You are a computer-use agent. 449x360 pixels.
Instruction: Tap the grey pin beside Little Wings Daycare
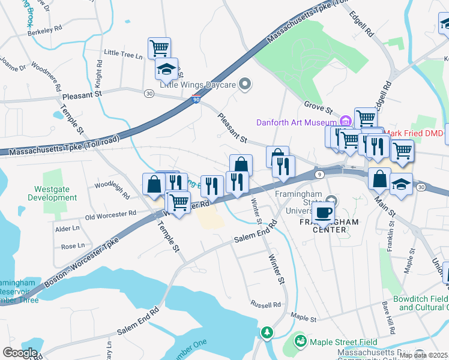[x=244, y=85]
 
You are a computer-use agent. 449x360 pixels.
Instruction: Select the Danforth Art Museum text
[x=295, y=122]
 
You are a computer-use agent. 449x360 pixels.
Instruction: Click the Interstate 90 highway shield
[x=196, y=100]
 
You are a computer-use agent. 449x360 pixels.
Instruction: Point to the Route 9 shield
[x=319, y=174]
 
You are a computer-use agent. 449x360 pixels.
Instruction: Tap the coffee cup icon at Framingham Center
[x=323, y=212]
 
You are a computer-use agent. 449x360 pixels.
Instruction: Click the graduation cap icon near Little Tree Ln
[x=166, y=70]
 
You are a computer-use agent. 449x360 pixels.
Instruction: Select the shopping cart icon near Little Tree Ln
[x=159, y=47]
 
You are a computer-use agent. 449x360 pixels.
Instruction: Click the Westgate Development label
[x=52, y=193]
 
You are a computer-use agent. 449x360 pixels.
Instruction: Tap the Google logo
[x=20, y=353]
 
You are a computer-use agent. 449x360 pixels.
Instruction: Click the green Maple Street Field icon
[x=300, y=341]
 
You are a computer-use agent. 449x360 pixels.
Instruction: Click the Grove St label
[x=318, y=109]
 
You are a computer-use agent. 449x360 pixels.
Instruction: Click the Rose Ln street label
[x=73, y=246]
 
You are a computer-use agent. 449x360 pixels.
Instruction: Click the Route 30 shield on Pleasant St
[x=149, y=93]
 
